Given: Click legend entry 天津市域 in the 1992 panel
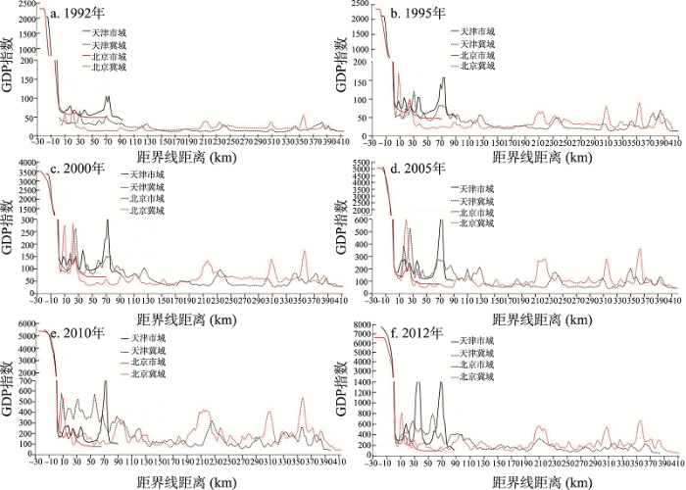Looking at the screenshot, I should point(108,32).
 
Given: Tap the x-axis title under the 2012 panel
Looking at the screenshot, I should point(535,481).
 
